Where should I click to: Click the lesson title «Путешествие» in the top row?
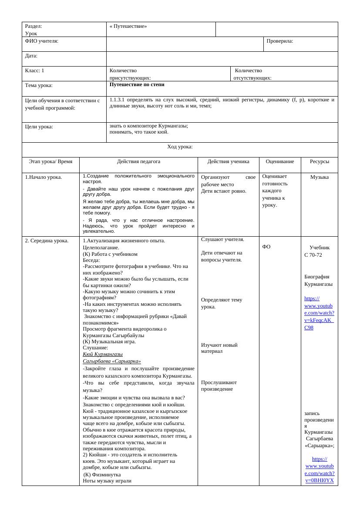tap(128, 26)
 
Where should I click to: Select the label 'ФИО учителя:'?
tap(42, 41)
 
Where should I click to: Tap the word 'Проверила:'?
tap(280, 41)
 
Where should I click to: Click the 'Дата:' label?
tap(31, 56)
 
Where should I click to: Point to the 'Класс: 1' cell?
tap(35, 70)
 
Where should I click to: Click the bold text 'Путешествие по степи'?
tap(137, 84)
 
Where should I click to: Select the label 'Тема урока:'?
tap(39, 85)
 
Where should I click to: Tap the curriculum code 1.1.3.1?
tap(118, 100)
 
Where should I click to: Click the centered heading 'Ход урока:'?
tap(180, 147)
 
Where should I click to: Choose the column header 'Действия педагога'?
tap(138, 161)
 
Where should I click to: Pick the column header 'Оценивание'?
tap(280, 161)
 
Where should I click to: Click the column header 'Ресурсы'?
tap(320, 161)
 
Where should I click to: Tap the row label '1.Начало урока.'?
tap(44, 177)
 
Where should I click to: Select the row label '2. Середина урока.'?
tap(47, 241)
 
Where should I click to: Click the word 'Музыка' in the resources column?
tap(320, 177)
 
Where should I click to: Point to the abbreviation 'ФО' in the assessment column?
tap(266, 247)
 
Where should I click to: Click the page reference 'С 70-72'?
tap(313, 255)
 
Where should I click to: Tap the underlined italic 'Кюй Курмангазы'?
tap(103, 354)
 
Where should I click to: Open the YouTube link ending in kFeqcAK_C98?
tap(319, 313)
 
